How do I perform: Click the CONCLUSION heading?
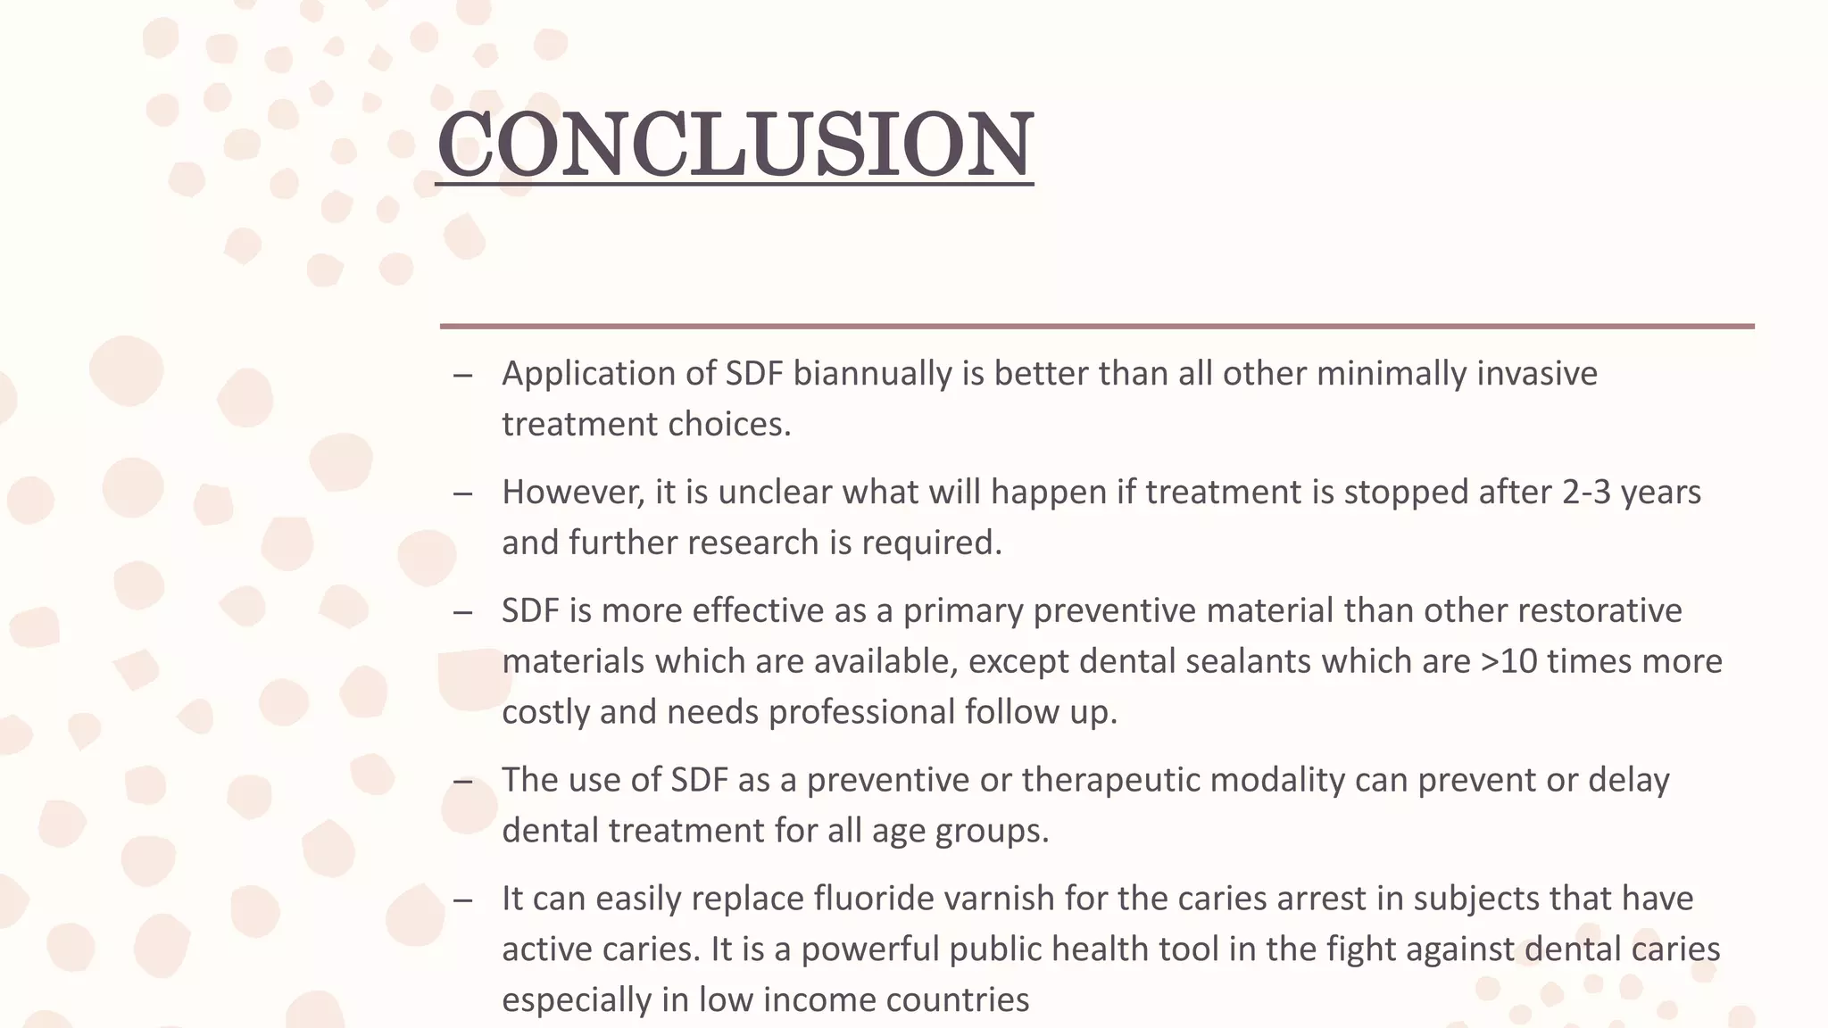coord(735,145)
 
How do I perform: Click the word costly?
coord(545,712)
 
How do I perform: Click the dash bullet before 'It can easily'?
coord(462,899)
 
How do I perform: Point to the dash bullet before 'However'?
coord(462,493)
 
